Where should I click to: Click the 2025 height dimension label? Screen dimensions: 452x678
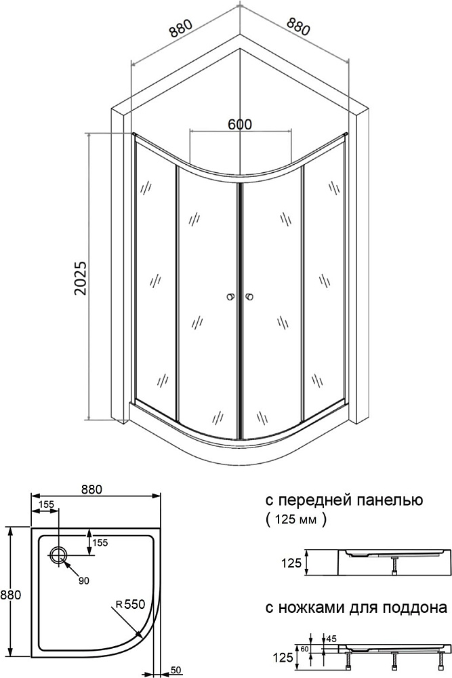pyautogui.click(x=81, y=277)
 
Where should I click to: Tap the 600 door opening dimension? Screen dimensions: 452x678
pyautogui.click(x=240, y=124)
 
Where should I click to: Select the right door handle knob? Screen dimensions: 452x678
pyautogui.click(x=249, y=297)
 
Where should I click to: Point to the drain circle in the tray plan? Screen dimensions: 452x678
pyautogui.click(x=58, y=555)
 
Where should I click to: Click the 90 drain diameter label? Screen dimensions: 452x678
pyautogui.click(x=84, y=581)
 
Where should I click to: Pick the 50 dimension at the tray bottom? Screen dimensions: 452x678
pyautogui.click(x=176, y=671)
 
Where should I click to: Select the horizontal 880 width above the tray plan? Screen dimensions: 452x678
pyautogui.click(x=91, y=490)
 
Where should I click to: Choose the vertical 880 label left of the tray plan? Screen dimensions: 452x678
pyautogui.click(x=11, y=595)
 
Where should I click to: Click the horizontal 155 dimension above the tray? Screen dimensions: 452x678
pyautogui.click(x=46, y=504)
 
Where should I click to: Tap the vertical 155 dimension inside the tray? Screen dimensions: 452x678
pyautogui.click(x=100, y=542)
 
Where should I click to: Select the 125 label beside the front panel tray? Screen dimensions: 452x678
pyautogui.click(x=291, y=563)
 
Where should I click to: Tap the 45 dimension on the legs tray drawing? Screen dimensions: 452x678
pyautogui.click(x=332, y=639)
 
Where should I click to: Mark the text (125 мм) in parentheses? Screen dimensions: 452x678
pyautogui.click(x=296, y=519)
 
